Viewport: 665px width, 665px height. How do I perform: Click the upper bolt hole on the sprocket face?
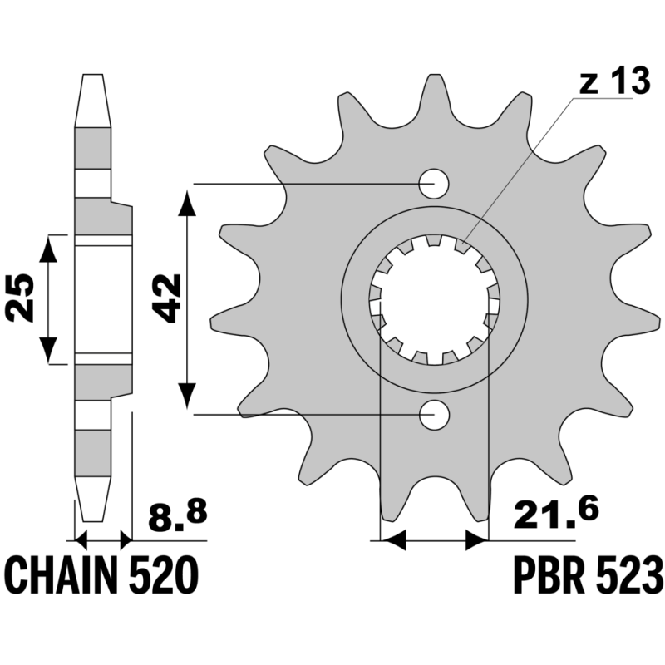tap(434, 182)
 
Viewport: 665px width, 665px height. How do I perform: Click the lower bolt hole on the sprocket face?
tap(434, 415)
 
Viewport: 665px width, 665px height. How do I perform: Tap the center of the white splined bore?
tap(432, 298)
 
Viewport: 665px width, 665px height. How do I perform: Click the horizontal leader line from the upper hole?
tap(349, 182)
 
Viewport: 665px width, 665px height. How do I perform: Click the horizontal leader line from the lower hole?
tap(332, 414)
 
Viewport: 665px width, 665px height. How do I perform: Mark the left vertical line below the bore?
tap(380, 416)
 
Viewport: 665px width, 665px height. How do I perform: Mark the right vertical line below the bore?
tap(488, 416)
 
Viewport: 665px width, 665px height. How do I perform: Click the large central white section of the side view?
tap(102, 299)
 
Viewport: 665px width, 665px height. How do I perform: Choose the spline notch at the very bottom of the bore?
tap(433, 355)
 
